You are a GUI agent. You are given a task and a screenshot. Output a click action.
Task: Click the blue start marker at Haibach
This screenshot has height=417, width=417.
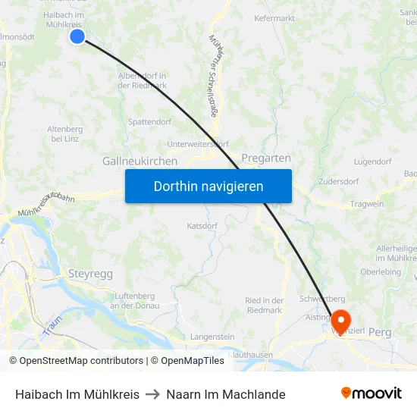click(77, 36)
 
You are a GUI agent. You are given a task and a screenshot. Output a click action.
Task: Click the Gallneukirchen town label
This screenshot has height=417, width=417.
click(140, 161)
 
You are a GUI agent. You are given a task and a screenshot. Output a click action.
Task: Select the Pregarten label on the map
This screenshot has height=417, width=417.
click(266, 158)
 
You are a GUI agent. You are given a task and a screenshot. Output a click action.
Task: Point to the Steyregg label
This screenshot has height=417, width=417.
click(91, 272)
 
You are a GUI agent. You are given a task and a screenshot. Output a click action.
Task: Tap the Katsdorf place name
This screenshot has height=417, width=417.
click(202, 226)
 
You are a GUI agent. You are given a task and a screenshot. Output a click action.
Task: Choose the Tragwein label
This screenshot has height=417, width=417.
click(368, 205)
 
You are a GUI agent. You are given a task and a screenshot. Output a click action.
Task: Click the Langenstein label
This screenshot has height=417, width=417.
click(212, 337)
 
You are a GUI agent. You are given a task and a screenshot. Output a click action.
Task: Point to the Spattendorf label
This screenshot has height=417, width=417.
click(150, 121)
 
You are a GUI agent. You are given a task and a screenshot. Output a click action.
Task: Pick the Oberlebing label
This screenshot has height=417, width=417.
click(381, 272)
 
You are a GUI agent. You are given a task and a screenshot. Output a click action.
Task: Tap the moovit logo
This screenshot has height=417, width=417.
click(372, 393)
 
